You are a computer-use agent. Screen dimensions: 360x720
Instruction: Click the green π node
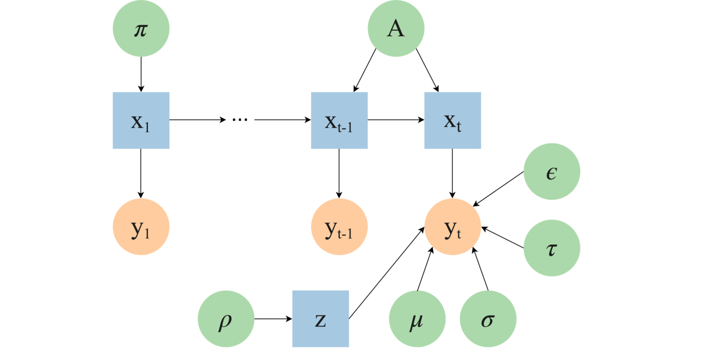coord(141,28)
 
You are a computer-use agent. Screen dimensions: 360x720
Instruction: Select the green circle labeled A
coord(396,28)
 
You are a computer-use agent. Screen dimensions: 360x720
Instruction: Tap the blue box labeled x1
coord(141,120)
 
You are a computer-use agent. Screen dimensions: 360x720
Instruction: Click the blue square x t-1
coord(339,120)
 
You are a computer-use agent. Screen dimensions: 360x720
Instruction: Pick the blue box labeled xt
coord(453,120)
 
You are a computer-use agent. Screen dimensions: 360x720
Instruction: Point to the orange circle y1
coord(141,227)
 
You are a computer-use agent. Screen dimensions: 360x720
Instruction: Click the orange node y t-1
coord(339,227)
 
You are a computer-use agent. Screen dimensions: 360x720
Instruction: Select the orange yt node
coord(453,227)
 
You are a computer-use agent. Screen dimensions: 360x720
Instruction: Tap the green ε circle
coord(552,172)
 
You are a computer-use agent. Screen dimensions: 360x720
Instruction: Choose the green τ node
coord(552,248)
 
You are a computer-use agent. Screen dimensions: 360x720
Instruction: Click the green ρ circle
coord(226,318)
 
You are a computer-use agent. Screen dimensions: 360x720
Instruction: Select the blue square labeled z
coord(321,318)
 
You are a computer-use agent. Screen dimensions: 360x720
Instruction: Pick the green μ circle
coord(417,319)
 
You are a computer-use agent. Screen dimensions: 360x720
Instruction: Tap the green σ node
coord(488,319)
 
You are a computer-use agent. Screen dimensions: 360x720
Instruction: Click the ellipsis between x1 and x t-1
coord(240,120)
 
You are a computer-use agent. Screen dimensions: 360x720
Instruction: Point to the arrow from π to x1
coord(141,73)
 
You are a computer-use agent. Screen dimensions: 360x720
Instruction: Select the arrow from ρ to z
coord(273,319)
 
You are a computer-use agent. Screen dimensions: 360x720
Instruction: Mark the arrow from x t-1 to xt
coord(395,120)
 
